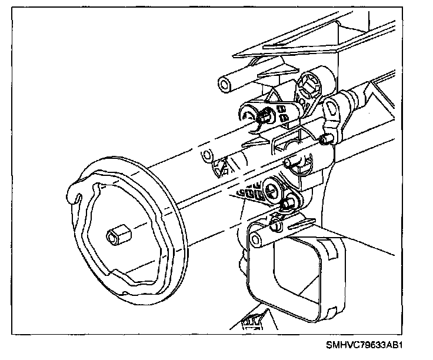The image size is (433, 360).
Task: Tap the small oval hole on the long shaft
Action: [x=206, y=156]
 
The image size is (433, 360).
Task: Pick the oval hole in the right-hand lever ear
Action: [x=332, y=108]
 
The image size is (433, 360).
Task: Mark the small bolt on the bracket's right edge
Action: [x=325, y=140]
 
